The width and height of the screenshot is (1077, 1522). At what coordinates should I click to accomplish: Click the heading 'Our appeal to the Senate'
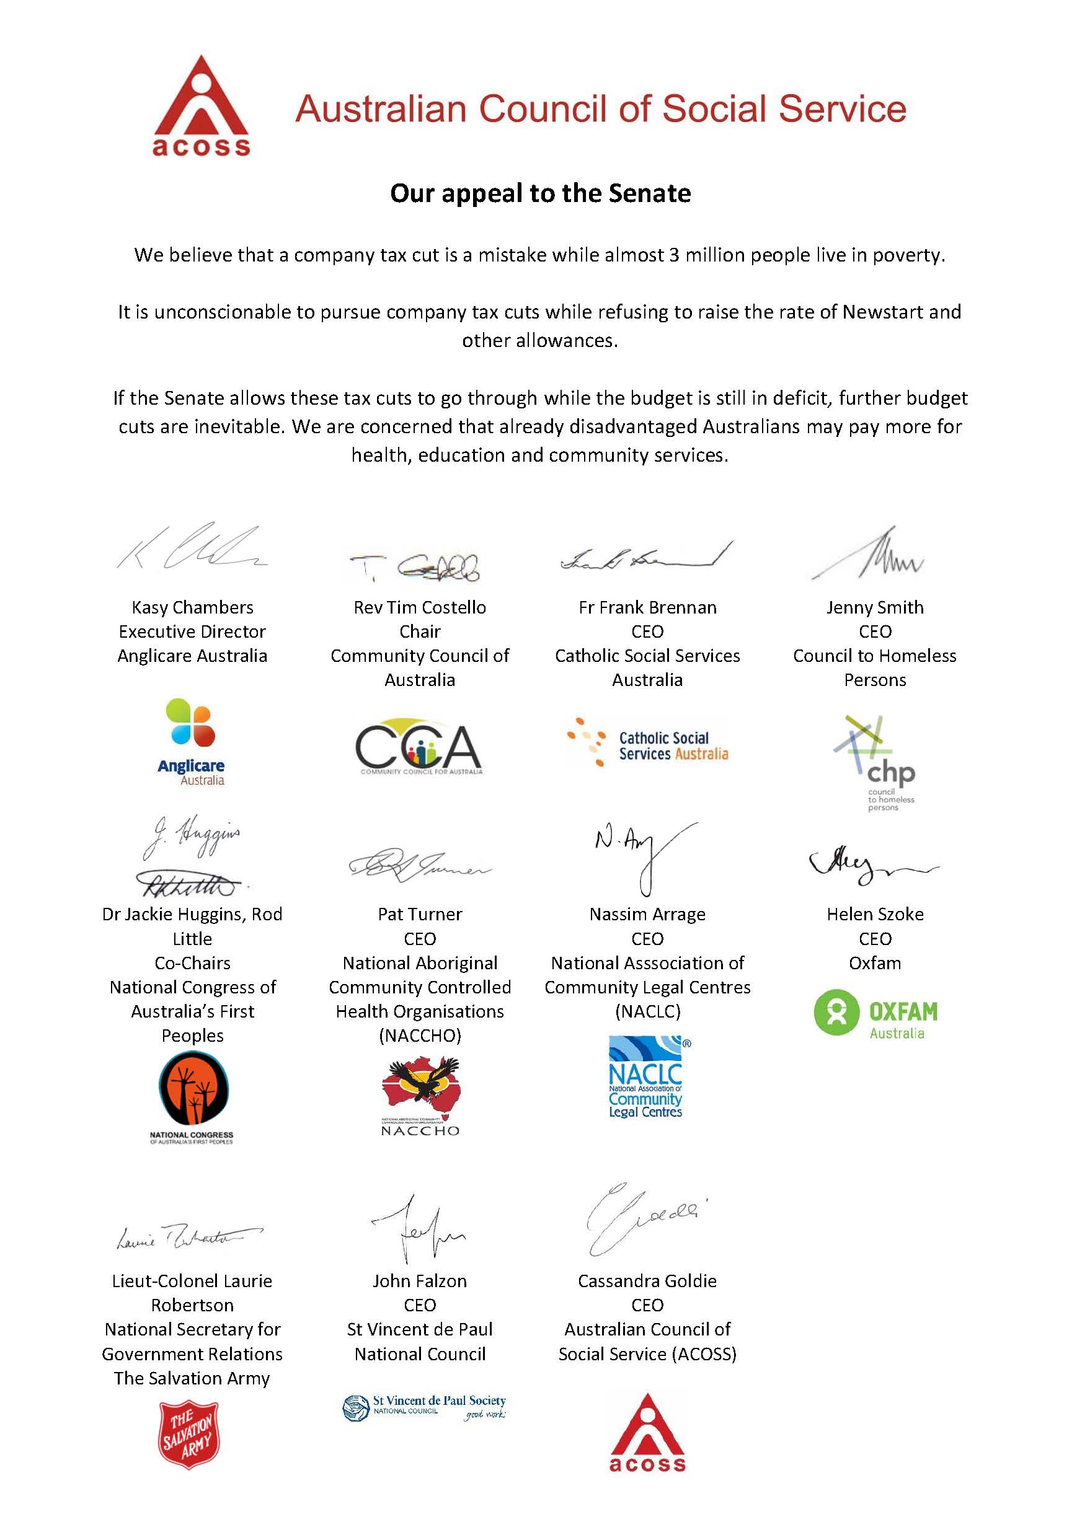540,193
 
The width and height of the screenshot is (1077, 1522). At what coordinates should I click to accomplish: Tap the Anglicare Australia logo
191,742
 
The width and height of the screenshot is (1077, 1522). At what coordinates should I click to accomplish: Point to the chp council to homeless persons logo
875,762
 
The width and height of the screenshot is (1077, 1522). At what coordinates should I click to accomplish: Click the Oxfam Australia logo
875,1013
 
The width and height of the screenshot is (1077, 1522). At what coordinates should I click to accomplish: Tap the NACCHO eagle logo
420,1096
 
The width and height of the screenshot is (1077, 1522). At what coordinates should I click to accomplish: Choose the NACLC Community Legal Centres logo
647,1077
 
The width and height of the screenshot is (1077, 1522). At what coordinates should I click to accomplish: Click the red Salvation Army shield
189,1435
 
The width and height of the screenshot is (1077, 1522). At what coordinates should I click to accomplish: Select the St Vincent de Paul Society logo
425,1408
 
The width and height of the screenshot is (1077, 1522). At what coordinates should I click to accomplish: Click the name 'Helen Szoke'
875,914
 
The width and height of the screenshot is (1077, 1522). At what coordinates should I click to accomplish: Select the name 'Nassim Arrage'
647,914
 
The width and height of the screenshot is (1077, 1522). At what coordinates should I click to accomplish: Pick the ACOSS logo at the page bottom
647,1433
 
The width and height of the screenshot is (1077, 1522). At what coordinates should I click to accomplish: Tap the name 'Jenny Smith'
875,607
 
